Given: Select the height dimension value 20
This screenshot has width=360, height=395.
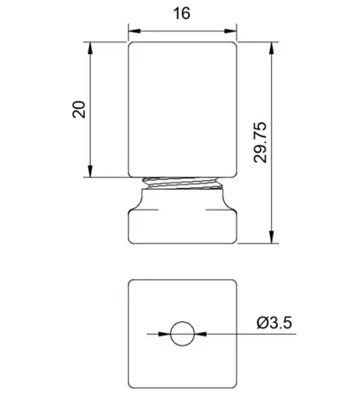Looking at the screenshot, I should [x=78, y=109].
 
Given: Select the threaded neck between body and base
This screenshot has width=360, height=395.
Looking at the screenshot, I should [x=183, y=184].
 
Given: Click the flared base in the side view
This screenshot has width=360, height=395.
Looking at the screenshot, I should [x=183, y=220].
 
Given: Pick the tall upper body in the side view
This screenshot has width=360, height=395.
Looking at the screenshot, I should [x=183, y=108].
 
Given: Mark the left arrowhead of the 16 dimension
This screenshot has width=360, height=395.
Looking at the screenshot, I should [x=135, y=30].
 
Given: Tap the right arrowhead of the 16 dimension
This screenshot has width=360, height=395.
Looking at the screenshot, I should [x=231, y=30].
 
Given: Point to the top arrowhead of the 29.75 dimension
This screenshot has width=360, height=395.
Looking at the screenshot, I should [x=272, y=45].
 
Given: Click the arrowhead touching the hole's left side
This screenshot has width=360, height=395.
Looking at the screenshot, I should [x=165, y=335].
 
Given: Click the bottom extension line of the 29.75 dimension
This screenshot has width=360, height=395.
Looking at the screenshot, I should [x=256, y=243].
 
